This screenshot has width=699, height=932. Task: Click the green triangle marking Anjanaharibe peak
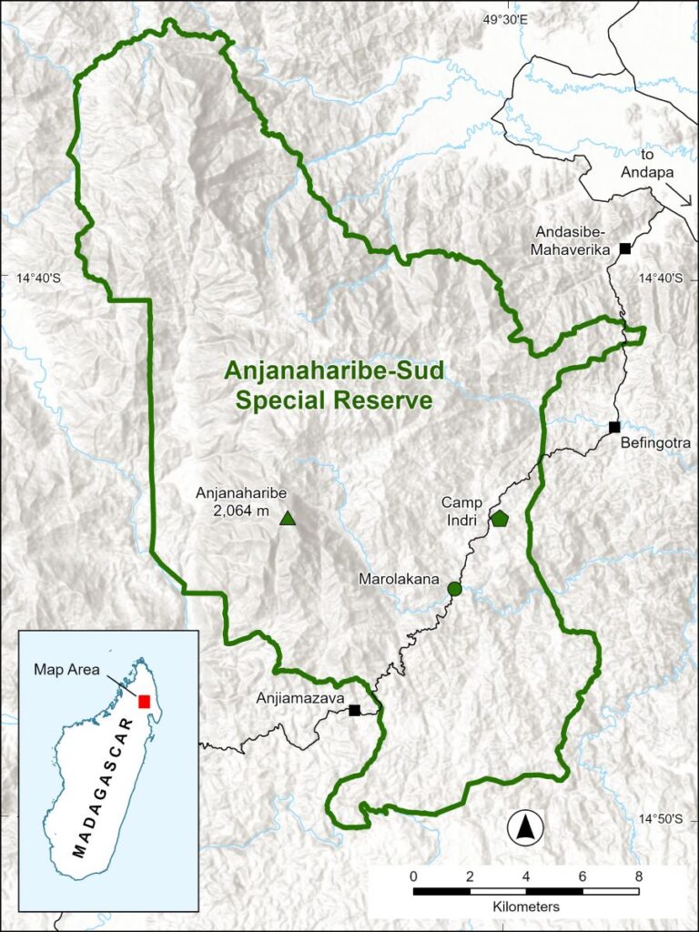point(288,519)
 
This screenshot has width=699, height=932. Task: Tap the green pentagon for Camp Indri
point(500,519)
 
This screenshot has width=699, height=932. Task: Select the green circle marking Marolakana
point(455,589)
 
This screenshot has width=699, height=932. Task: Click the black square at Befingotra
point(614,427)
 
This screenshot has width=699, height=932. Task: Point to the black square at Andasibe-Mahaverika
point(625,248)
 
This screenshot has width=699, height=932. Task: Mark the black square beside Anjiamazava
point(354,710)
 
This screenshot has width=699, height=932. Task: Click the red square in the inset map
point(144,701)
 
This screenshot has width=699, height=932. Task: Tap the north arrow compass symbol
point(525,827)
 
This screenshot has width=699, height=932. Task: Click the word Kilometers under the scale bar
point(526,907)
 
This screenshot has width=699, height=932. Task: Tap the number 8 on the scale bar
point(638,876)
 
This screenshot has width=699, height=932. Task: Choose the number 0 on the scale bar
point(414,876)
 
